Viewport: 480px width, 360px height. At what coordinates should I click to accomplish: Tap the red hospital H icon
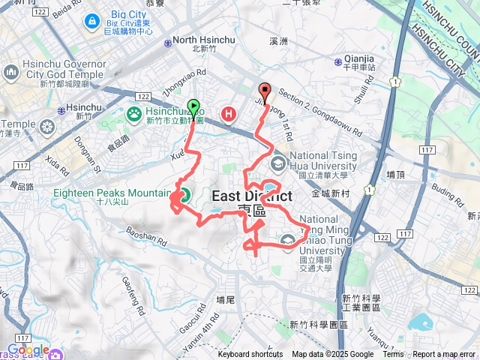point(229,114)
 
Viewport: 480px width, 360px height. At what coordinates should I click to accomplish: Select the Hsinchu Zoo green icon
point(134,114)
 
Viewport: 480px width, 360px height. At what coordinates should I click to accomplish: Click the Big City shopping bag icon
point(91,20)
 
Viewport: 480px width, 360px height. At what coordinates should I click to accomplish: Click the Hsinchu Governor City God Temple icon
point(10,72)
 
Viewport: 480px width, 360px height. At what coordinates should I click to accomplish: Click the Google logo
point(28,349)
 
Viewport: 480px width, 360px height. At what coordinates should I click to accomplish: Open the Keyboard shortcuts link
point(250,355)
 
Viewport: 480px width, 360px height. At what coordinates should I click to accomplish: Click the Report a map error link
point(445,355)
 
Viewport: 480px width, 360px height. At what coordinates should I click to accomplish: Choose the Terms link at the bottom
point(393,355)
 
